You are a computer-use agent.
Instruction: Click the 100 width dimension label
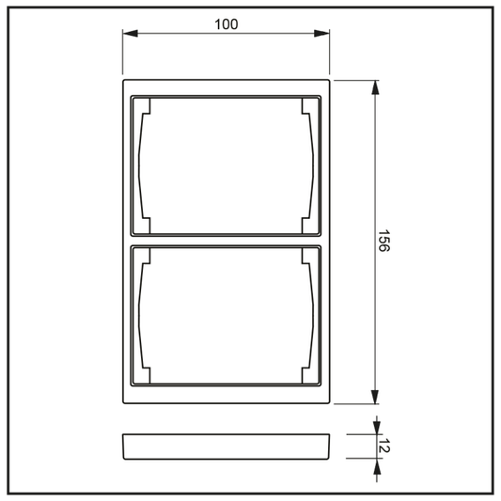click(x=227, y=24)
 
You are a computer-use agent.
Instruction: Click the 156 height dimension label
click(x=384, y=241)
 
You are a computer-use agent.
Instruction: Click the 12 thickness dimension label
click(x=384, y=446)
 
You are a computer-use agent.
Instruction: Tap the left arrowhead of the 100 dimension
click(x=131, y=33)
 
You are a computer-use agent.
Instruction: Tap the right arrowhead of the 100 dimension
click(x=321, y=33)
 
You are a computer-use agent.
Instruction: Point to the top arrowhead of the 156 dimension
click(x=375, y=87)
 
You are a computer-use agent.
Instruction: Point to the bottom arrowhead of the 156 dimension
click(x=375, y=397)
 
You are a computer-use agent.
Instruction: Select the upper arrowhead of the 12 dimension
click(x=377, y=427)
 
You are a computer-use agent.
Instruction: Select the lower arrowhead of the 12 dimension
click(x=377, y=466)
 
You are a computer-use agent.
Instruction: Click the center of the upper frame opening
click(x=226, y=165)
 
